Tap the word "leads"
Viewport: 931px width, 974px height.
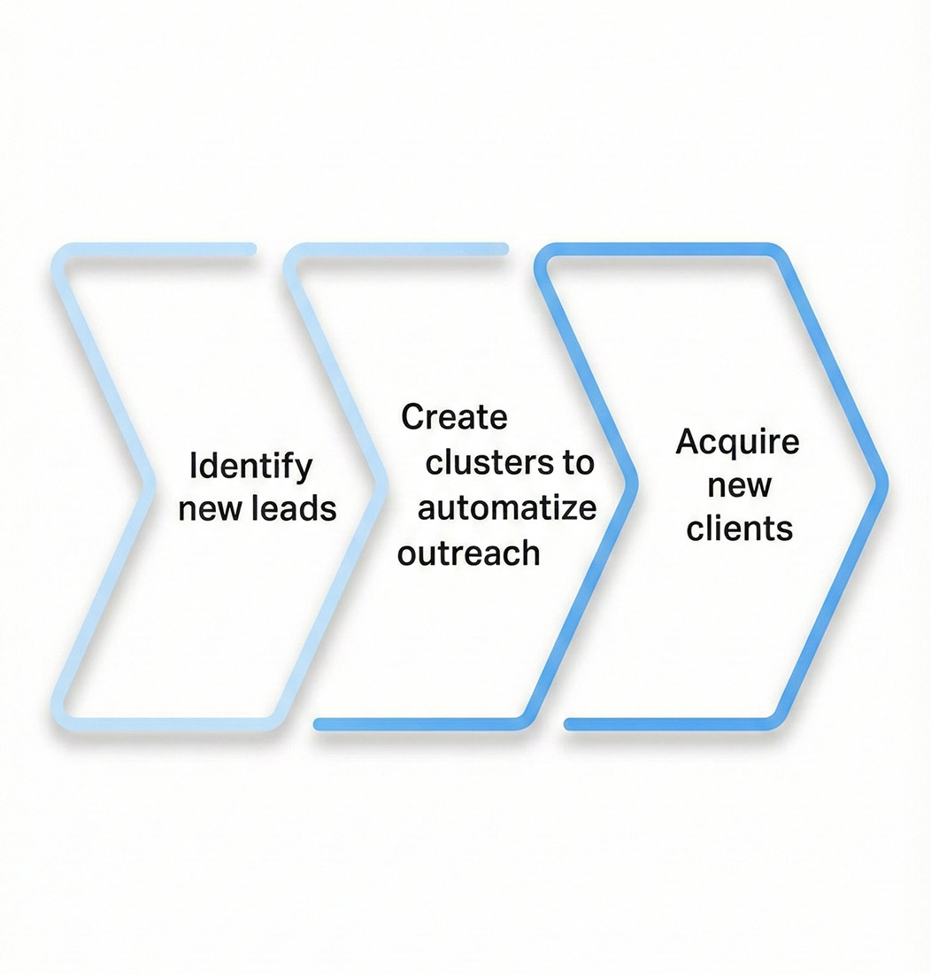tap(296, 508)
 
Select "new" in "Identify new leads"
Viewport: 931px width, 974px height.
tap(212, 508)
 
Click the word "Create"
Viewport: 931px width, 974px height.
tap(454, 417)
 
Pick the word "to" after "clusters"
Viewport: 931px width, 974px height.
tap(576, 463)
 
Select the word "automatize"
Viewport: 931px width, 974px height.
tap(507, 508)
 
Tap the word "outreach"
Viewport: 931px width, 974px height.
tap(469, 553)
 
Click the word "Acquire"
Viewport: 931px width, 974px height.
tap(737, 441)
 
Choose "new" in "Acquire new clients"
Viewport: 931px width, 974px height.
tap(738, 485)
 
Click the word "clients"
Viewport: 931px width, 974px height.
tap(739, 529)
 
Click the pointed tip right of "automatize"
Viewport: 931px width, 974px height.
tap(634, 483)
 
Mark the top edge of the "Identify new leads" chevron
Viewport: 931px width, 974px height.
tap(159, 249)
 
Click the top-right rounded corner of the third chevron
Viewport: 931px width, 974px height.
tap(779, 256)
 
